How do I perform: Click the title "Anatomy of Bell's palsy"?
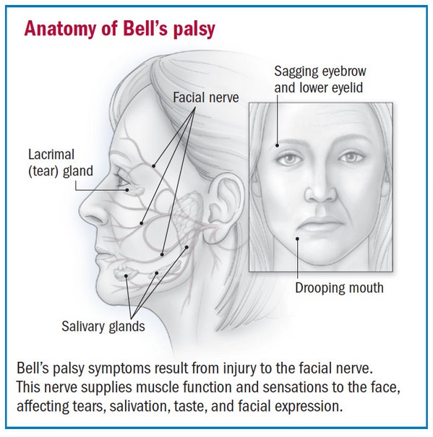tap(120, 29)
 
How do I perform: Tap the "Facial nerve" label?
tap(206, 98)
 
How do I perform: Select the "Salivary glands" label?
tap(103, 326)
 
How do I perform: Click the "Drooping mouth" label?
tap(339, 288)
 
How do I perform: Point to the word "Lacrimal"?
tap(51, 155)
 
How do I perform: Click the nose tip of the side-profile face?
tap(82, 209)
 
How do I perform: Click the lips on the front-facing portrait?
tap(321, 225)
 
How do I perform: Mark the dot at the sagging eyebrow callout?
tap(277, 145)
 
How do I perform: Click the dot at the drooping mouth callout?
tap(297, 238)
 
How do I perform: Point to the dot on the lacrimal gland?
tap(127, 190)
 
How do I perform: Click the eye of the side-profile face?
tap(122, 181)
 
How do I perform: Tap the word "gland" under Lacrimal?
tap(78, 171)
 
